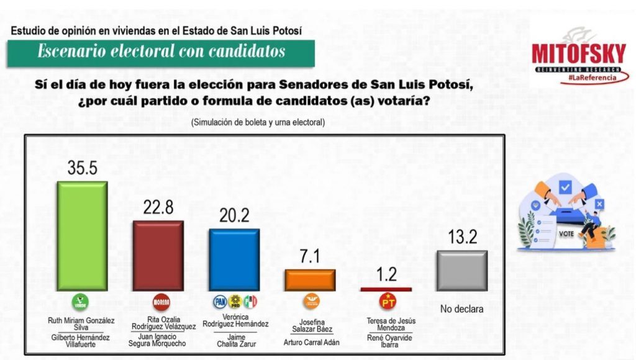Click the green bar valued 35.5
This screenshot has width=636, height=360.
click(x=82, y=236)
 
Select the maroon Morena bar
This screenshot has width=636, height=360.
click(x=158, y=255)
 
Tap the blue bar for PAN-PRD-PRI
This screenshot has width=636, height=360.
click(x=234, y=259)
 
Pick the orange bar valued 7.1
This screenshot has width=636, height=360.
click(x=309, y=280)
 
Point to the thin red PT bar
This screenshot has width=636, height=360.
click(x=386, y=289)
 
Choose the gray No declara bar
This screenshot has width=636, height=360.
click(x=461, y=271)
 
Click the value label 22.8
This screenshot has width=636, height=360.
click(x=158, y=208)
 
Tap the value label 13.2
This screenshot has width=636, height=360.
click(x=461, y=236)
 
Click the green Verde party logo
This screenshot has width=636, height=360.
click(x=80, y=302)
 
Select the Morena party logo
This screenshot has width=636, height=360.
click(x=161, y=302)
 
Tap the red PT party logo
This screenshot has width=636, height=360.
click(x=388, y=303)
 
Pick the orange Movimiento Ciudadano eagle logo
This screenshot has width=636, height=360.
click(x=311, y=302)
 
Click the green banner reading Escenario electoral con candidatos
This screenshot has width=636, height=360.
click(x=161, y=52)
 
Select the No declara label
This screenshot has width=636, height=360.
click(x=461, y=308)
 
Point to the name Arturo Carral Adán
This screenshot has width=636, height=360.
click(x=310, y=341)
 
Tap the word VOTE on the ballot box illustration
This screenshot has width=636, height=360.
click(x=566, y=234)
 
